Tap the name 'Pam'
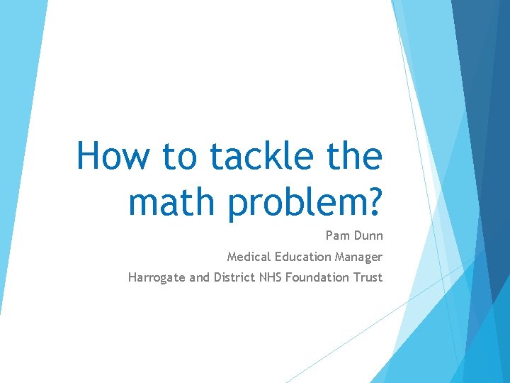(x=337, y=235)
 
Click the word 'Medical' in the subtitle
(x=248, y=257)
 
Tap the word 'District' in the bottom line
(x=234, y=277)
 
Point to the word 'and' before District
(x=199, y=277)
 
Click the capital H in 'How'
(x=88, y=156)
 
